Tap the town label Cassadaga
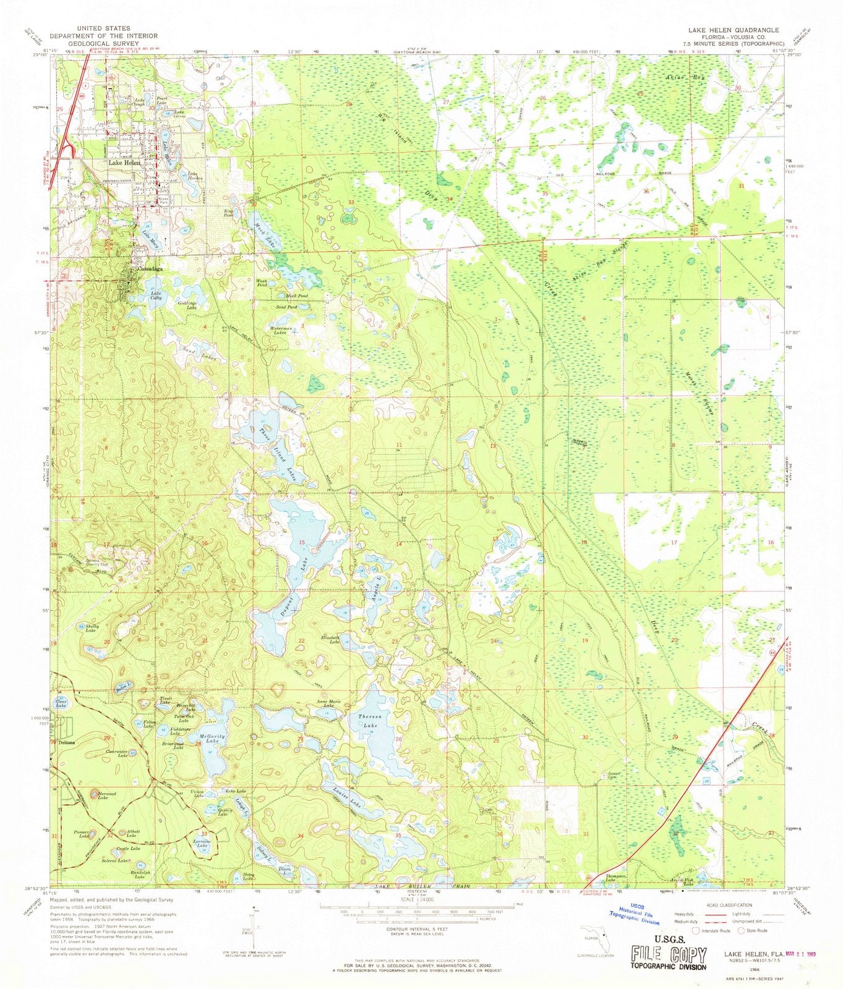[x=152, y=270]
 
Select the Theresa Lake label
[x=370, y=721]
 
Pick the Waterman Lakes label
[x=281, y=331]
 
